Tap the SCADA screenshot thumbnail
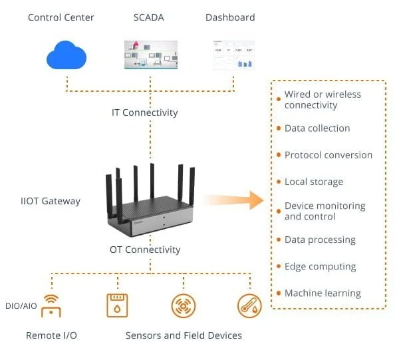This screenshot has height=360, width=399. pos(151,55)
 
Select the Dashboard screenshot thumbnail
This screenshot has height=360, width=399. pos(233,55)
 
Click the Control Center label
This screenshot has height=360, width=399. pos(61,17)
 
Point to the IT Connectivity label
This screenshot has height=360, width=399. pos(144,112)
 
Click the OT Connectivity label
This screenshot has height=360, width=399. pos(145,250)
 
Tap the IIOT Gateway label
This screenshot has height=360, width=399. pos(51,200)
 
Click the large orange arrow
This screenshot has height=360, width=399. pos(233,199)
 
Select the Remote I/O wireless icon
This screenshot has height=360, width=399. pos(51,305)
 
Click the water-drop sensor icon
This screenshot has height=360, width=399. pos(117,305)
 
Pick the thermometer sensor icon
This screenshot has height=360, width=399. pos(249,305)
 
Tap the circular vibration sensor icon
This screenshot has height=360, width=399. pos(183,305)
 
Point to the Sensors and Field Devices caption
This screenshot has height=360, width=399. pos(184,335)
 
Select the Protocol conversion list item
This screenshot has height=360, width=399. pos(329,155)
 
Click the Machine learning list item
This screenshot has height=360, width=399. pos(323,293)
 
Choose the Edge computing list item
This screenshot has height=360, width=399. pos(320,266)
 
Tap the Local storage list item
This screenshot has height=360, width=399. pos(314,182)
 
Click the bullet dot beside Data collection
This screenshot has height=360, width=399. pos(278,128)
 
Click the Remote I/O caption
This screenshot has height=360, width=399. pos(51,335)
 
